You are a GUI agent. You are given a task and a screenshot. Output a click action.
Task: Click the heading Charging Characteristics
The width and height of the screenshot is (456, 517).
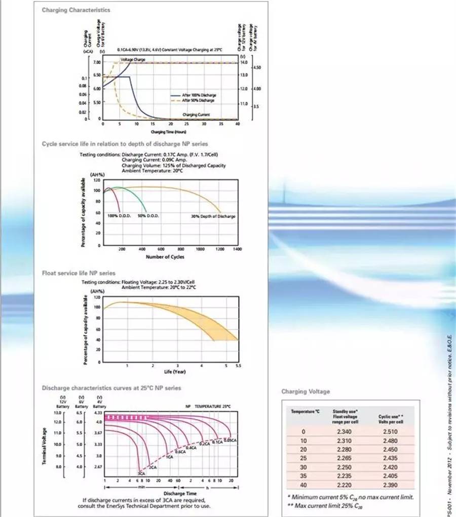coord(76,10)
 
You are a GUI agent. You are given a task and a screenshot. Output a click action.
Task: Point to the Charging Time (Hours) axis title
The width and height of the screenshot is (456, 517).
coord(169,132)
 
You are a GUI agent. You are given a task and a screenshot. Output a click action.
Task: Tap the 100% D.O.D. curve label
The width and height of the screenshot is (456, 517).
coord(120,216)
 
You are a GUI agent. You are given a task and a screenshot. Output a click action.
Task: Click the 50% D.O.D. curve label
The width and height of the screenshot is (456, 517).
coord(148,216)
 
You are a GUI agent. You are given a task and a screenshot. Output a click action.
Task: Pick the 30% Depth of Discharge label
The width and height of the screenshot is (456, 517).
coord(213,217)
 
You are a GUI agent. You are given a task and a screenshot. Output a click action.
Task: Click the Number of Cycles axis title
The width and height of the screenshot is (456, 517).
coord(165,256)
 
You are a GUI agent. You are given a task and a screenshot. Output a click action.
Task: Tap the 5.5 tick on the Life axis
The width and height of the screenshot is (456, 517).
coord(237,365)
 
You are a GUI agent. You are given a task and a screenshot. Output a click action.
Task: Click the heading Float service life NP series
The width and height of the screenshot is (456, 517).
coord(79,273)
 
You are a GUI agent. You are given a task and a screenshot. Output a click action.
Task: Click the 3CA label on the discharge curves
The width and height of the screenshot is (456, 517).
coord(141,473)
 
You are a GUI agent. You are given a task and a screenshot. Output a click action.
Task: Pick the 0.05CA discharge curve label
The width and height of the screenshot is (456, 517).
coord(231,441)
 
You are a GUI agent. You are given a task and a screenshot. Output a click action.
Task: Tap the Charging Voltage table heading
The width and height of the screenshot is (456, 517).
coord(305,391)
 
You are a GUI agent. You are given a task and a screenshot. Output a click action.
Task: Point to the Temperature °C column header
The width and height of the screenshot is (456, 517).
coord(305,412)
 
